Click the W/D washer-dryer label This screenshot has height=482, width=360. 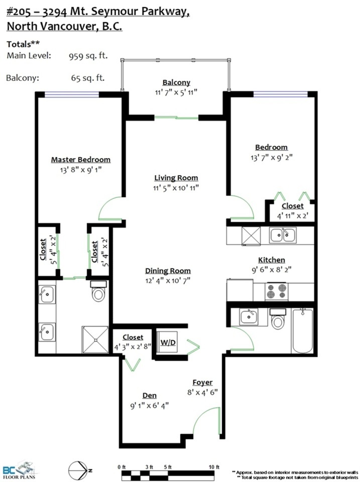tap(168, 342)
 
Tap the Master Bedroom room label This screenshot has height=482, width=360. tap(80, 160)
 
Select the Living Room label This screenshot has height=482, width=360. tap(176, 178)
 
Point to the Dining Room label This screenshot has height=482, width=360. tap(168, 271)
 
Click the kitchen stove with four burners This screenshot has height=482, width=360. tap(276, 291)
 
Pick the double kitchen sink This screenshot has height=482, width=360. tap(283, 235)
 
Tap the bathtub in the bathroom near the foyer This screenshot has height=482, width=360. tap(303, 331)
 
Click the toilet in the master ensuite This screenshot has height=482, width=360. tap(98, 291)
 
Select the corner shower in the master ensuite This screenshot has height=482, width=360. tap(95, 340)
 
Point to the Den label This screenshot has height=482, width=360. tap(150, 396)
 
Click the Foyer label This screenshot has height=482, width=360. tap(202, 383)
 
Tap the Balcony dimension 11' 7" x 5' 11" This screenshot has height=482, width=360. tap(176, 92)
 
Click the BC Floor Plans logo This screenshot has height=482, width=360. tap(19, 469)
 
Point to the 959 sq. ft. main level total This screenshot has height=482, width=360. tap(88, 56)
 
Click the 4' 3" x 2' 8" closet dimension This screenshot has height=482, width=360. tap(133, 347)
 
